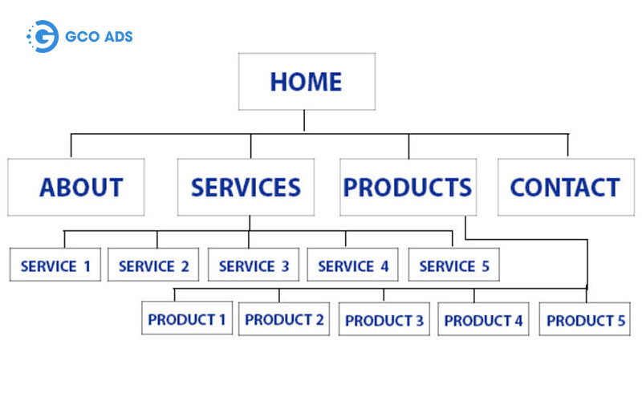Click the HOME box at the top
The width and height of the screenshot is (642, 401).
307,82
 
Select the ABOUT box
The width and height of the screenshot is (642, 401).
75,187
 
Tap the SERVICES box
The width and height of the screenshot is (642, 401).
246,187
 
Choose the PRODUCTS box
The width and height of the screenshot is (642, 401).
408,187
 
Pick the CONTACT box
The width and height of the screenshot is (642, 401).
567,187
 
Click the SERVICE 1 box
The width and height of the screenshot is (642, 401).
55,265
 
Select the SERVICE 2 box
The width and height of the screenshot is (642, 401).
153,265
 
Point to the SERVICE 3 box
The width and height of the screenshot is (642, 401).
254,265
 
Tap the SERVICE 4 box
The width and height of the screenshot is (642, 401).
352,265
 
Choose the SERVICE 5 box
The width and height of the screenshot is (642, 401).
454,265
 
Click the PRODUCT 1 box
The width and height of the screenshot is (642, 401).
187,318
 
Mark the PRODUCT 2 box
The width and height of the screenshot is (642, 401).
284,318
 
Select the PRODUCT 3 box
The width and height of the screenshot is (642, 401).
384,318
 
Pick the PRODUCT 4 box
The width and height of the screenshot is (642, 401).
484,318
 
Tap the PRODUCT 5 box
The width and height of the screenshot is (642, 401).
585,318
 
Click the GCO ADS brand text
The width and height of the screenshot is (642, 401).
99,36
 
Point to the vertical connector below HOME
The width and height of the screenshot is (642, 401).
304,121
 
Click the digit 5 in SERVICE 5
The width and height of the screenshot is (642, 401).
486,266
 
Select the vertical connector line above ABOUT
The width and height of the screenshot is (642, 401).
71,146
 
